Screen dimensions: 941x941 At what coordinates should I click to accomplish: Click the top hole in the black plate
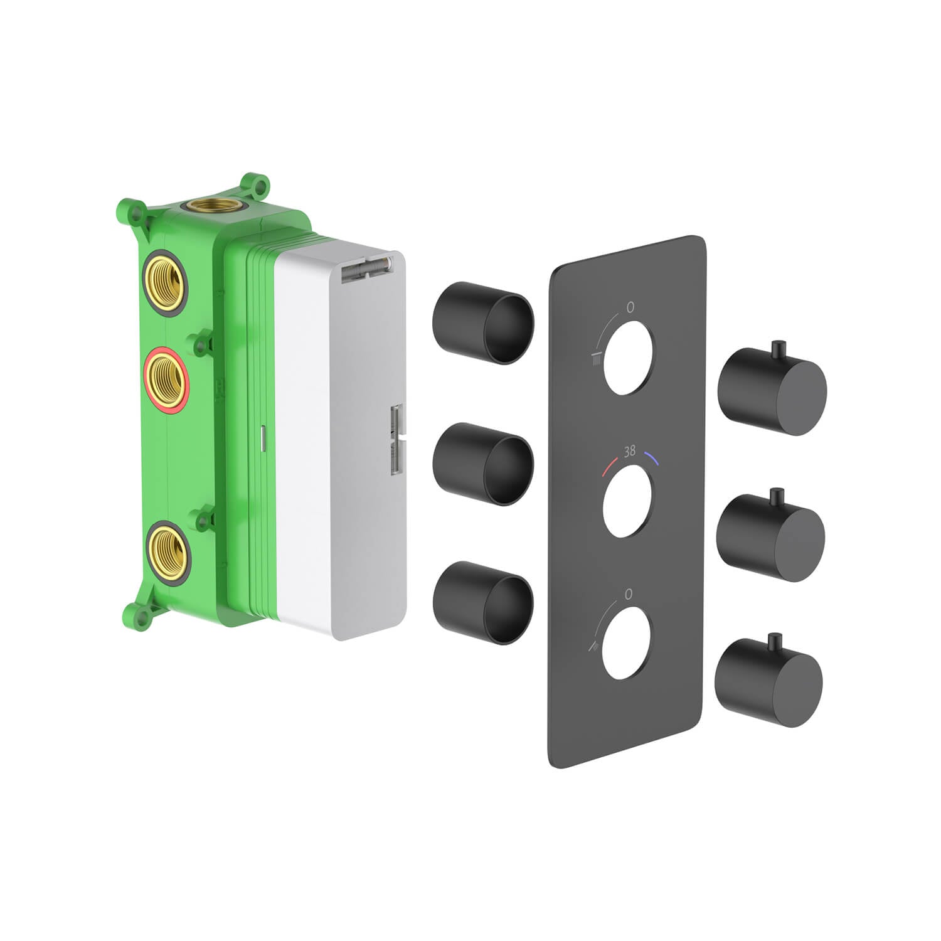[x=630, y=358]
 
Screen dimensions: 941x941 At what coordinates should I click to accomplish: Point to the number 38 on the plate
[x=630, y=450]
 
